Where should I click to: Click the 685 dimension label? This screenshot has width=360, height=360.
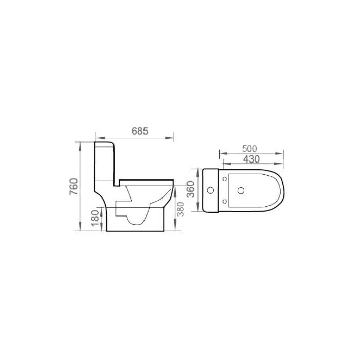pos(139,131)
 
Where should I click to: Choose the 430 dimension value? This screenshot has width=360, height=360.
pos(250,159)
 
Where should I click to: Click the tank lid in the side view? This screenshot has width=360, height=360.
pos(104,142)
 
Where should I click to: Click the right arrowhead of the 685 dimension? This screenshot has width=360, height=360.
pos(173,137)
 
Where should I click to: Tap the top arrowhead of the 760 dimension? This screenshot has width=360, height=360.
pos(79,144)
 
